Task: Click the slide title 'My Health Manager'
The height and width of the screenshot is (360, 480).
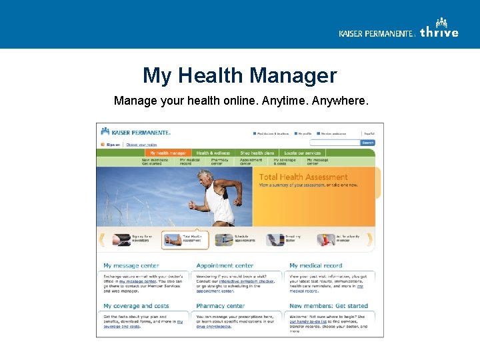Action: pos(239,75)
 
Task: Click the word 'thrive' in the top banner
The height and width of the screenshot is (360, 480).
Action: pos(439,33)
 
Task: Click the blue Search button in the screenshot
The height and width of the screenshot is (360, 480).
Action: pos(367,143)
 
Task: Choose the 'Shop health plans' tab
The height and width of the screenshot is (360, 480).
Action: pos(257,153)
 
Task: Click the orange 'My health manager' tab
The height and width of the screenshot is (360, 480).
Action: pos(168,153)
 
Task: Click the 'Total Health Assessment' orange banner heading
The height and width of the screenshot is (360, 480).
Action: pos(303,177)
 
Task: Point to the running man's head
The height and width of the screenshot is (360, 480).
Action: pos(204,177)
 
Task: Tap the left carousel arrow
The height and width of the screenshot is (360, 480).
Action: pos(102,239)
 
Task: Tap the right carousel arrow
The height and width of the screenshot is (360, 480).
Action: pos(370,239)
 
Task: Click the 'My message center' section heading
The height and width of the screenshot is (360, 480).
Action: pos(131,265)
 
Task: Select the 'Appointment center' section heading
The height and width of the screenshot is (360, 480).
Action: pos(225,265)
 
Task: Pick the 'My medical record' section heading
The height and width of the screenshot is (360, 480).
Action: pos(316,265)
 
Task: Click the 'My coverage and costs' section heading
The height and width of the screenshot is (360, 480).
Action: pos(136,306)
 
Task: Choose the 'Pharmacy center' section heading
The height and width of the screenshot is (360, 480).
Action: pos(220,306)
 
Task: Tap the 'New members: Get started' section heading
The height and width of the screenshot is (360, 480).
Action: pos(329,306)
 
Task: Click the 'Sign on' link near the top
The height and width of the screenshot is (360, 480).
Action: pos(113,144)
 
